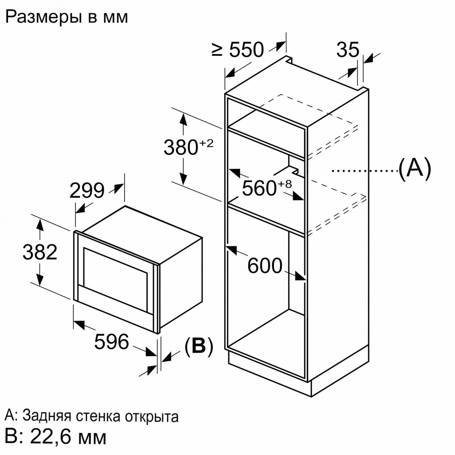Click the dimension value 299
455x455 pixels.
(x=87, y=190)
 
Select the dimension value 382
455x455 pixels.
(x=40, y=252)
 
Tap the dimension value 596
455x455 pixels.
(x=112, y=341)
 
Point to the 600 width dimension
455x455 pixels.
(x=265, y=265)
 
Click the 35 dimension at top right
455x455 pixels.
(x=348, y=49)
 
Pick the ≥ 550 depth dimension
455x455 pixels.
(x=238, y=50)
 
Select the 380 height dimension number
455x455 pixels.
(x=181, y=147)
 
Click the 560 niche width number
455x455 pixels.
(x=259, y=188)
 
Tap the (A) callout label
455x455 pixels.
(x=415, y=168)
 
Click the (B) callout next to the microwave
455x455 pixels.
(x=199, y=346)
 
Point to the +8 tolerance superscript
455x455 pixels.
(x=285, y=184)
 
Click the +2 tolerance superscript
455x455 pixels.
(x=206, y=143)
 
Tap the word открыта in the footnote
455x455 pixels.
(x=152, y=417)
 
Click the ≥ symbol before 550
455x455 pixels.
(x=217, y=50)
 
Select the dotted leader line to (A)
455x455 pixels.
(x=364, y=171)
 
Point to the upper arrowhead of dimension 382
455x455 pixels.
(x=40, y=225)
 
